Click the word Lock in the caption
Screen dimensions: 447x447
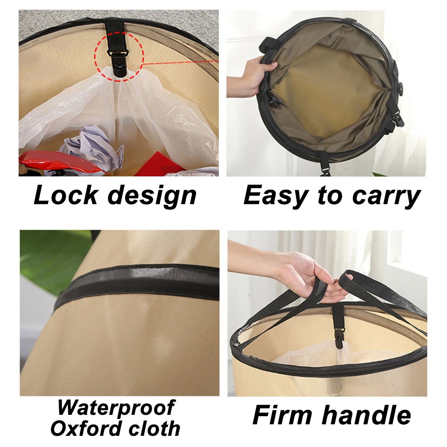[66, 195]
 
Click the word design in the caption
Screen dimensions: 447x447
[152, 196]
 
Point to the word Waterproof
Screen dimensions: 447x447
[116, 408]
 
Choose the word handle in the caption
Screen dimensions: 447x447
[366, 415]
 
